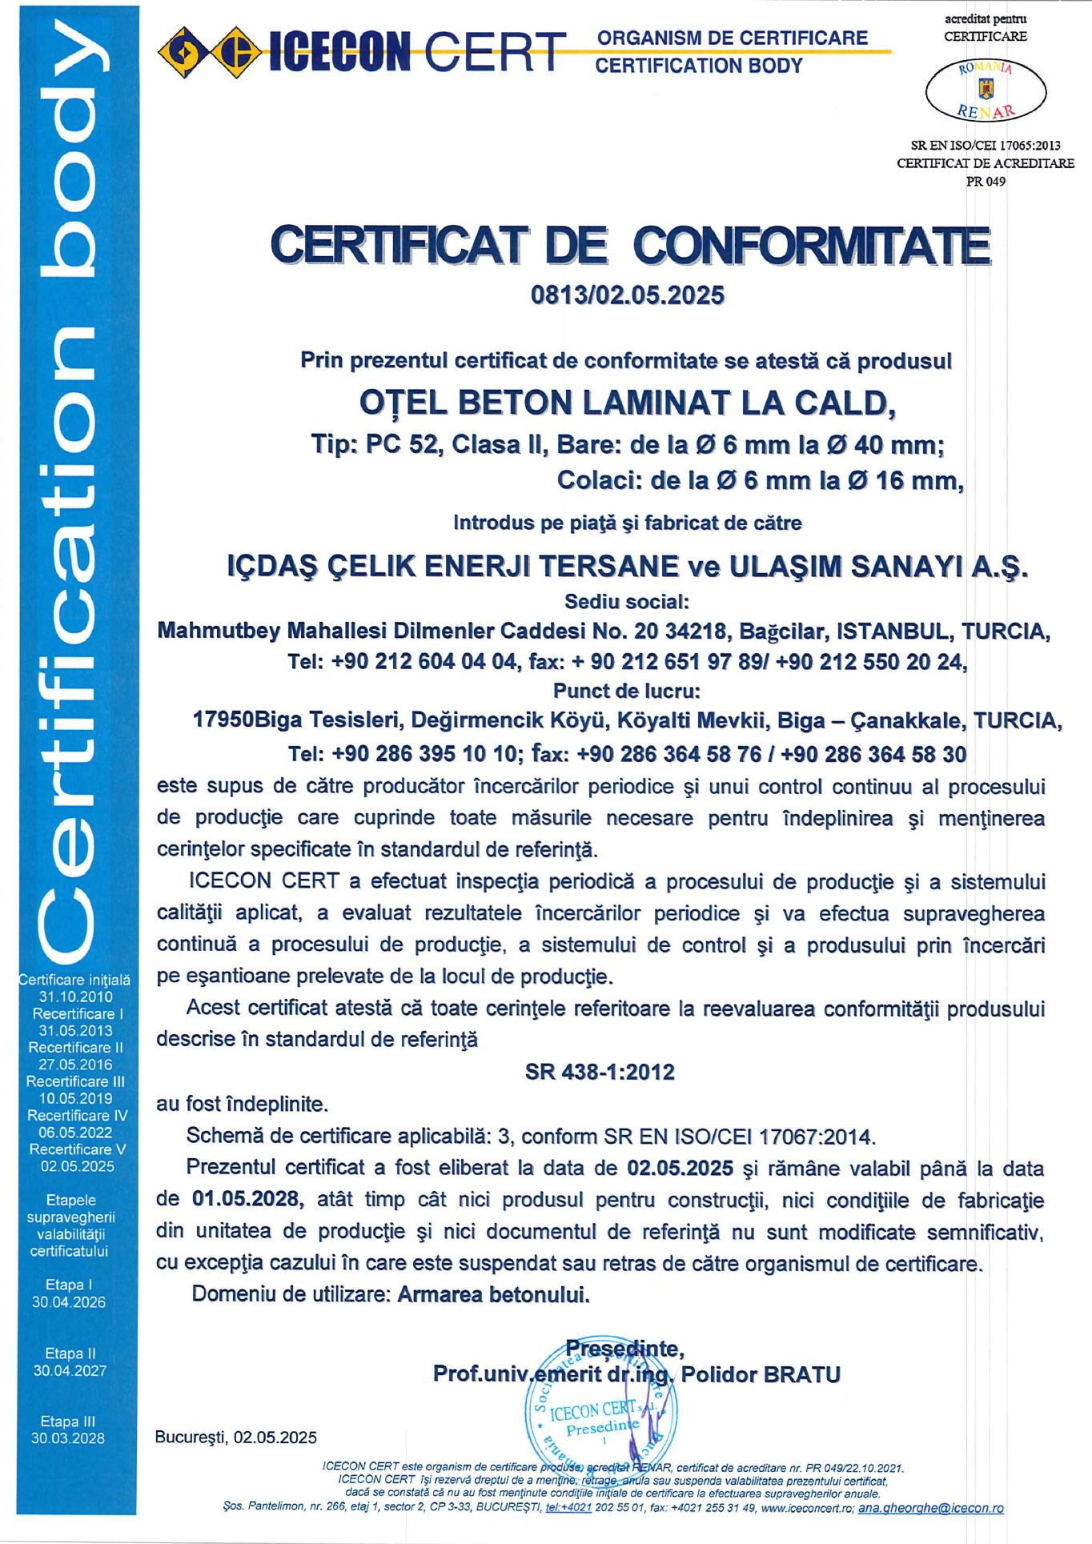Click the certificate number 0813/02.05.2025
[628, 295]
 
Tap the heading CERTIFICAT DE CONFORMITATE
[630, 245]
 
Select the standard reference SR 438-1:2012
[600, 1072]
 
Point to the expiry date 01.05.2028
[247, 1199]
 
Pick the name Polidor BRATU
[761, 1374]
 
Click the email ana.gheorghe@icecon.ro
[930, 1507]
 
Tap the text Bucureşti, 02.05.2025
[236, 1438]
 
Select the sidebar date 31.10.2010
[76, 997]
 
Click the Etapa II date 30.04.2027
[70, 1370]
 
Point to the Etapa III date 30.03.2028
[68, 1438]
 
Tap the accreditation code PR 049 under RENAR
[986, 181]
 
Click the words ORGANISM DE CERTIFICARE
[733, 38]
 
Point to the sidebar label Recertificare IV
[77, 1115]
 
